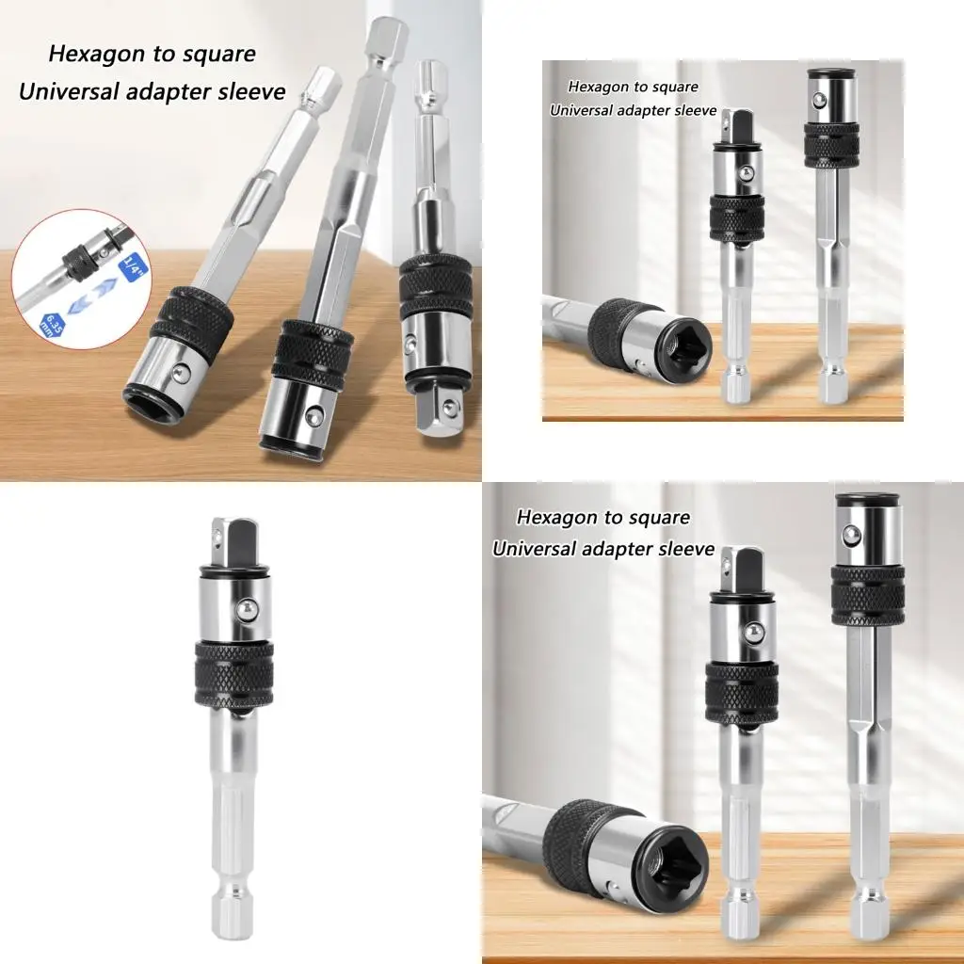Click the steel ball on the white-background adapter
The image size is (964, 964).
tap(248, 610)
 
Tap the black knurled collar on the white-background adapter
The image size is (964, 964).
tap(234, 674)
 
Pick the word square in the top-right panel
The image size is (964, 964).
tap(676, 88)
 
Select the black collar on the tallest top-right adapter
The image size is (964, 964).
tap(831, 146)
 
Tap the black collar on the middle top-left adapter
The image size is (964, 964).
tap(313, 356)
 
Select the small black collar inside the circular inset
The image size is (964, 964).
tap(78, 256)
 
